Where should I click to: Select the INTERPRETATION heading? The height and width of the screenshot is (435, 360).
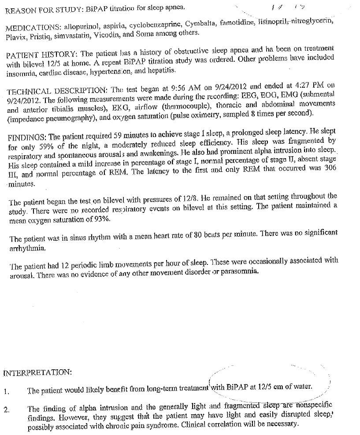tap(37, 373)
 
